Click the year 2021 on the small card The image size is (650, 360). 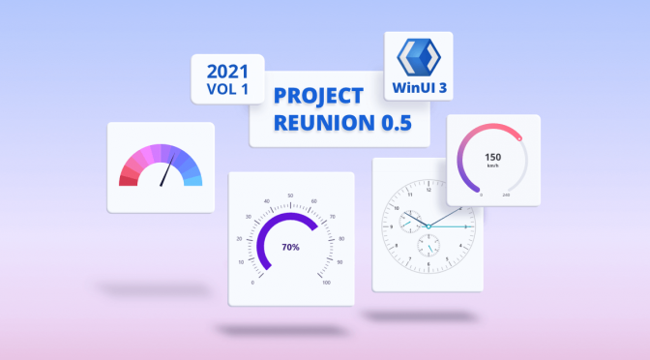(227, 71)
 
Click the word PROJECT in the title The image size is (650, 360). (319, 98)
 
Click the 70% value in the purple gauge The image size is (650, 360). (290, 247)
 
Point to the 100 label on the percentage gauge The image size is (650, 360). (326, 283)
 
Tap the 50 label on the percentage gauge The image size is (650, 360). (290, 196)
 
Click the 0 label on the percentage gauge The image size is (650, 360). (253, 283)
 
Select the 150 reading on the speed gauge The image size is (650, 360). (492, 157)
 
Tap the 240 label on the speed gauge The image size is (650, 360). (506, 195)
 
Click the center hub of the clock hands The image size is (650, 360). (427, 226)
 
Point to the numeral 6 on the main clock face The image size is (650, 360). (427, 274)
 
